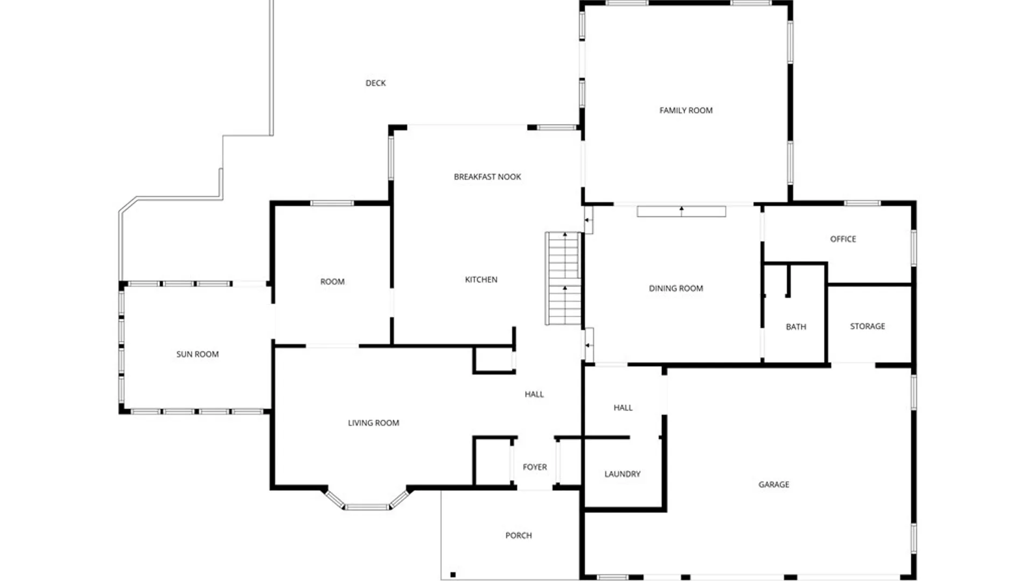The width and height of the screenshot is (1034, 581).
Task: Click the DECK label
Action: point(375,83)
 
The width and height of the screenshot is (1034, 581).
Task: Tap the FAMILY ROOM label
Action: point(686,110)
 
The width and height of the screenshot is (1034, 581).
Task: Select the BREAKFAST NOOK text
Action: point(487,176)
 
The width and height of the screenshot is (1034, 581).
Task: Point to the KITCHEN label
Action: point(481,279)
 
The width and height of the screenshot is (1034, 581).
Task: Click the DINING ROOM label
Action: point(675,288)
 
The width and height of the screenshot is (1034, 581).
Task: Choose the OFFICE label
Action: point(842,239)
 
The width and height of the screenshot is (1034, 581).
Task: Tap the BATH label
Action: point(795,327)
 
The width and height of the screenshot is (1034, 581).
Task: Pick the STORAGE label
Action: point(867,326)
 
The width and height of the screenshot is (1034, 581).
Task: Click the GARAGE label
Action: point(773,484)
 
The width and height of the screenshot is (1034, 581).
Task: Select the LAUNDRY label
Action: point(622,474)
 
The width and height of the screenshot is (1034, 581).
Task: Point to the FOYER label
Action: point(534,467)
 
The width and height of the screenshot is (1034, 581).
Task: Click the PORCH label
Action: point(518,535)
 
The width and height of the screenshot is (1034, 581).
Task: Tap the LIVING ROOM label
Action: point(373,423)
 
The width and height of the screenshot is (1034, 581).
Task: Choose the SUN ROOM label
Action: point(197,354)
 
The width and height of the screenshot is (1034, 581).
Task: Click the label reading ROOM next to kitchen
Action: point(332,281)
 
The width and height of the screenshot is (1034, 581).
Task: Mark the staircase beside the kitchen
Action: point(563,279)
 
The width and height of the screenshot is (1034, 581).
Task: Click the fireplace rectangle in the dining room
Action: point(681,211)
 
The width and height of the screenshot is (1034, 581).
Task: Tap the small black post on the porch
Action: point(453,575)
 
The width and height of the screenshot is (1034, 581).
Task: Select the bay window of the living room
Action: point(367,506)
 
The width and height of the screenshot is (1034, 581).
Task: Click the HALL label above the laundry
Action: point(623,408)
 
